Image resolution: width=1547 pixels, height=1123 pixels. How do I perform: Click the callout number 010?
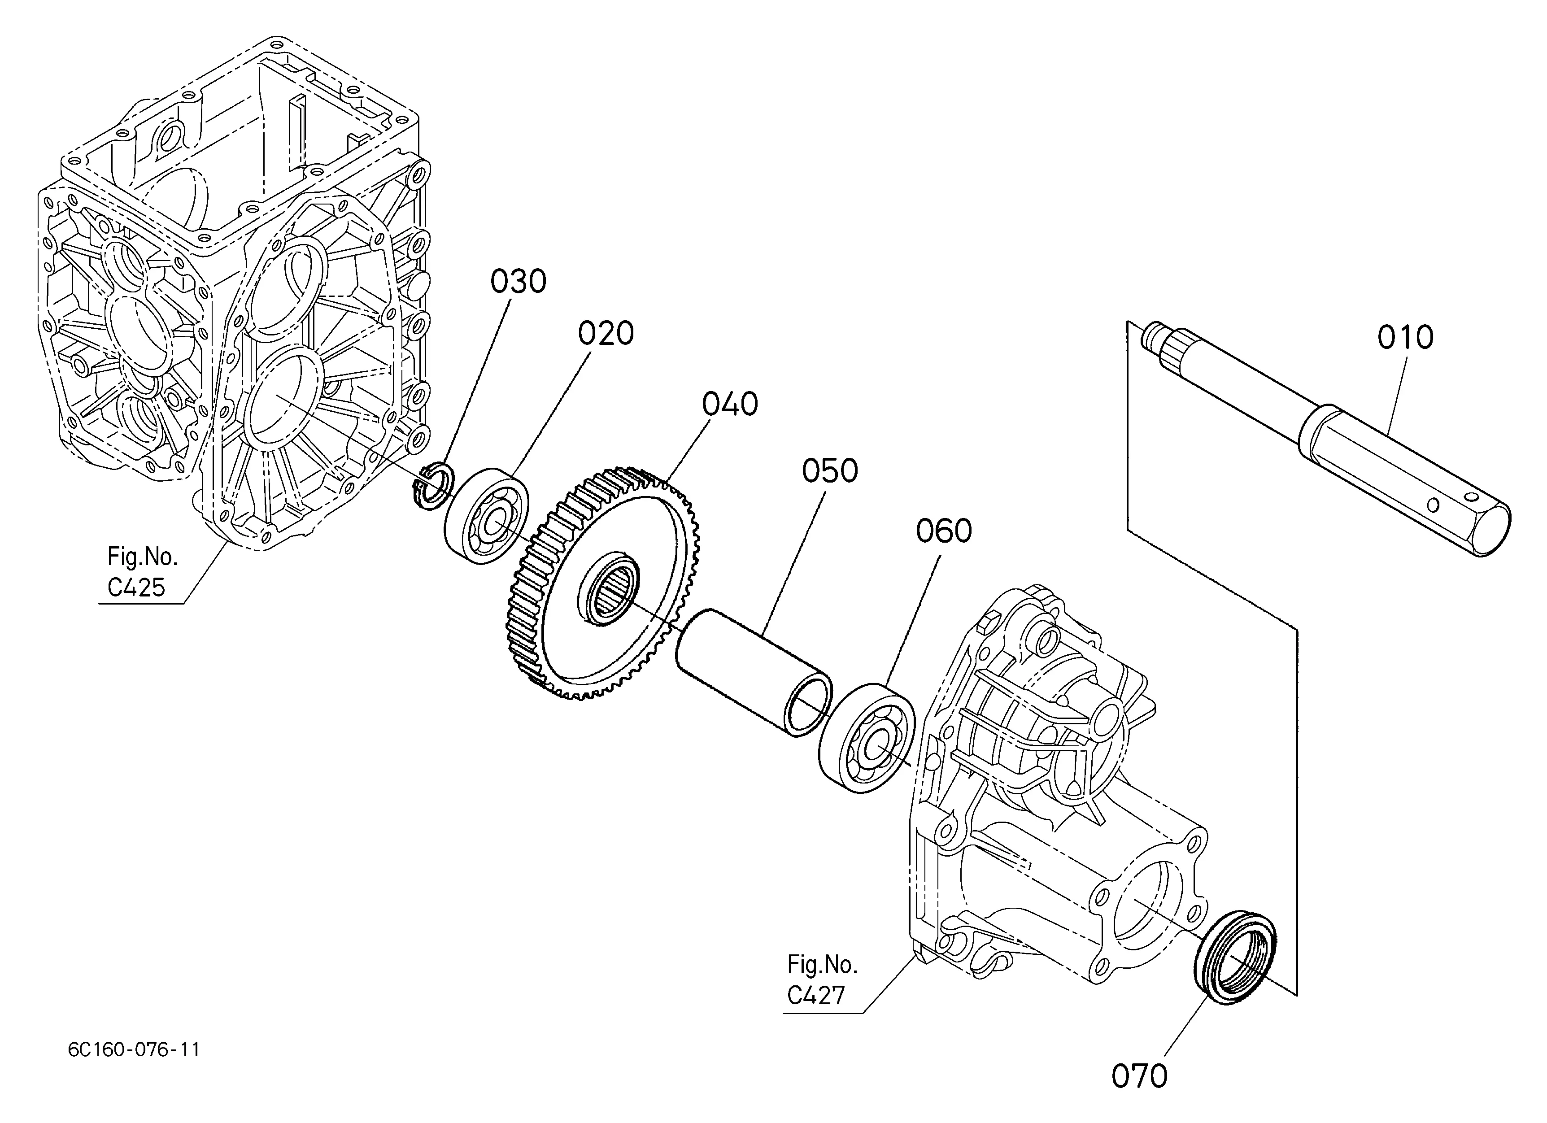pos(1405,338)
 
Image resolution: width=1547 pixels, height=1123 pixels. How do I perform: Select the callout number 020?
pos(606,333)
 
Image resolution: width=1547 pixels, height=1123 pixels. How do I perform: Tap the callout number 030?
pos(519,282)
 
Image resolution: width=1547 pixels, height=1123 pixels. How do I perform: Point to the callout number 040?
pos(730,405)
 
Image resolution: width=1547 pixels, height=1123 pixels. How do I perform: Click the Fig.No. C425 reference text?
pos(142,571)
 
